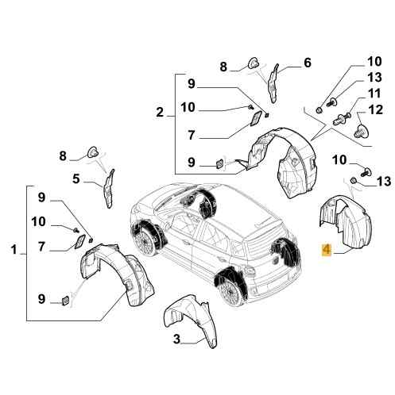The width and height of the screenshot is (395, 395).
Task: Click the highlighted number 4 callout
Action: [x=327, y=250]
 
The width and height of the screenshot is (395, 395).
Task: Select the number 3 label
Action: [x=176, y=339]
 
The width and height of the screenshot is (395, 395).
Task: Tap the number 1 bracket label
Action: [x=14, y=249]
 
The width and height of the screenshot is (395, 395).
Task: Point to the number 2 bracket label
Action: [x=160, y=112]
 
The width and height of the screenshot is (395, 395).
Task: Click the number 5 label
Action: [x=76, y=179]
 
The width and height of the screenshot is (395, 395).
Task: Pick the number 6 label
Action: [x=308, y=63]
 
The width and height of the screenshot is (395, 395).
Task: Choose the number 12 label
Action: [x=376, y=109]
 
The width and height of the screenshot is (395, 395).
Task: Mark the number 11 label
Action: [x=374, y=94]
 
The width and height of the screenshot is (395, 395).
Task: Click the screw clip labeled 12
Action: [x=361, y=131]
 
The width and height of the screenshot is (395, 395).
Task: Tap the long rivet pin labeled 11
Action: [x=341, y=119]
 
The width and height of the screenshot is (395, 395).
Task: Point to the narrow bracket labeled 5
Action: [x=109, y=189]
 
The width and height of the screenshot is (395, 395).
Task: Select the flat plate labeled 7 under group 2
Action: [x=256, y=119]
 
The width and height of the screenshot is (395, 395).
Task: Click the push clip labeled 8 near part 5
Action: [x=93, y=151]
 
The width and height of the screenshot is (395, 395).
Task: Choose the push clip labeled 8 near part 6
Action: [x=254, y=63]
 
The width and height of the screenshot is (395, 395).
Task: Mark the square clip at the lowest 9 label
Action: [x=65, y=301]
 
